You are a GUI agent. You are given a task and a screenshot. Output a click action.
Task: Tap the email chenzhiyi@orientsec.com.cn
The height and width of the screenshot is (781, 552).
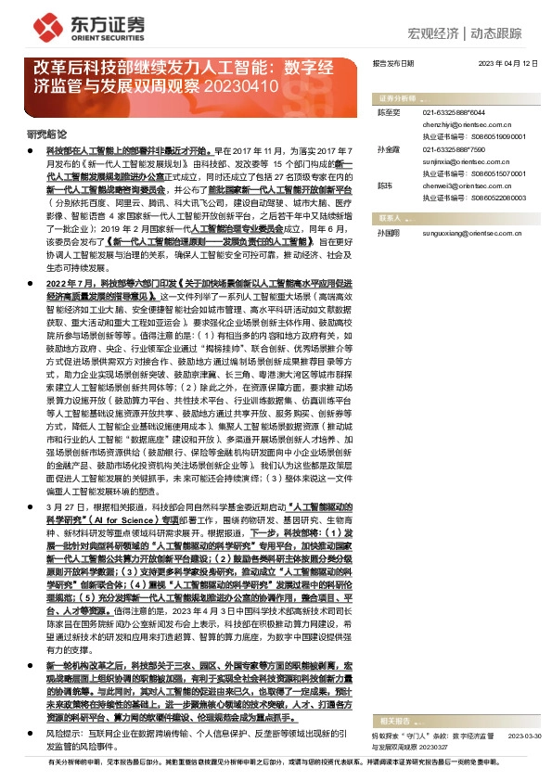click(x=461, y=122)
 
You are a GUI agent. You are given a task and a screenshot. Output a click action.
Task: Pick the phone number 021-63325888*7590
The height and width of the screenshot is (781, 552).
click(x=455, y=148)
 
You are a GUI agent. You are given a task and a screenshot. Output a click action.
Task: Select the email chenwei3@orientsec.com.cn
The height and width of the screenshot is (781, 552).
click(x=459, y=186)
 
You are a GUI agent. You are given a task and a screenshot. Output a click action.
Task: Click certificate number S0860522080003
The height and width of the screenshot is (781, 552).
click(x=500, y=198)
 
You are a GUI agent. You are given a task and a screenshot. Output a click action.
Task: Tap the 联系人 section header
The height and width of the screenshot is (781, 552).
click(x=391, y=219)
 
